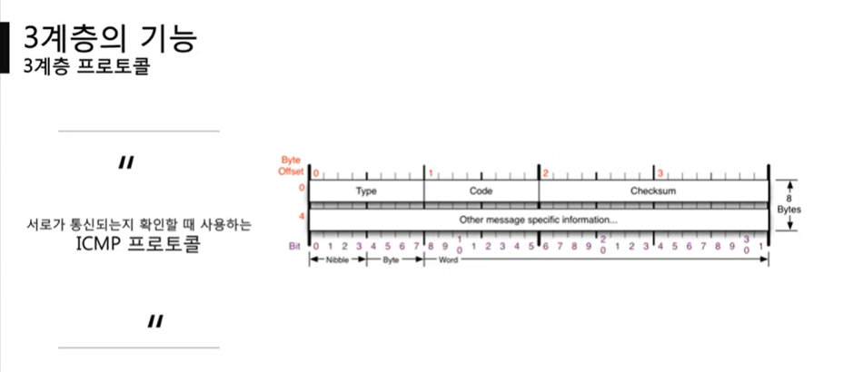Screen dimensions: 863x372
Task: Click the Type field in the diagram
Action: pyautogui.click(x=366, y=191)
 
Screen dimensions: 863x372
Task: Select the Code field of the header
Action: pyautogui.click(x=481, y=191)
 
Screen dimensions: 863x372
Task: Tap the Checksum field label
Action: pyautogui.click(x=653, y=191)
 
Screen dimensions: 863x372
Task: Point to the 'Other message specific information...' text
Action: pyautogui.click(x=539, y=220)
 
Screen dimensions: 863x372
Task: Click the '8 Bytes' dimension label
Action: pyautogui.click(x=789, y=204)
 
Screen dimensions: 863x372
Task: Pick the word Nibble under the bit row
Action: pyautogui.click(x=337, y=259)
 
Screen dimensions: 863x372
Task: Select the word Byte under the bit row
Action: pyautogui.click(x=391, y=259)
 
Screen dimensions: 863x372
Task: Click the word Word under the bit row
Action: pyautogui.click(x=448, y=259)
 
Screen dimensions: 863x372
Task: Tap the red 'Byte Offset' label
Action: pyautogui.click(x=293, y=166)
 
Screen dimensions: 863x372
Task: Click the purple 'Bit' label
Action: pyautogui.click(x=295, y=246)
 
